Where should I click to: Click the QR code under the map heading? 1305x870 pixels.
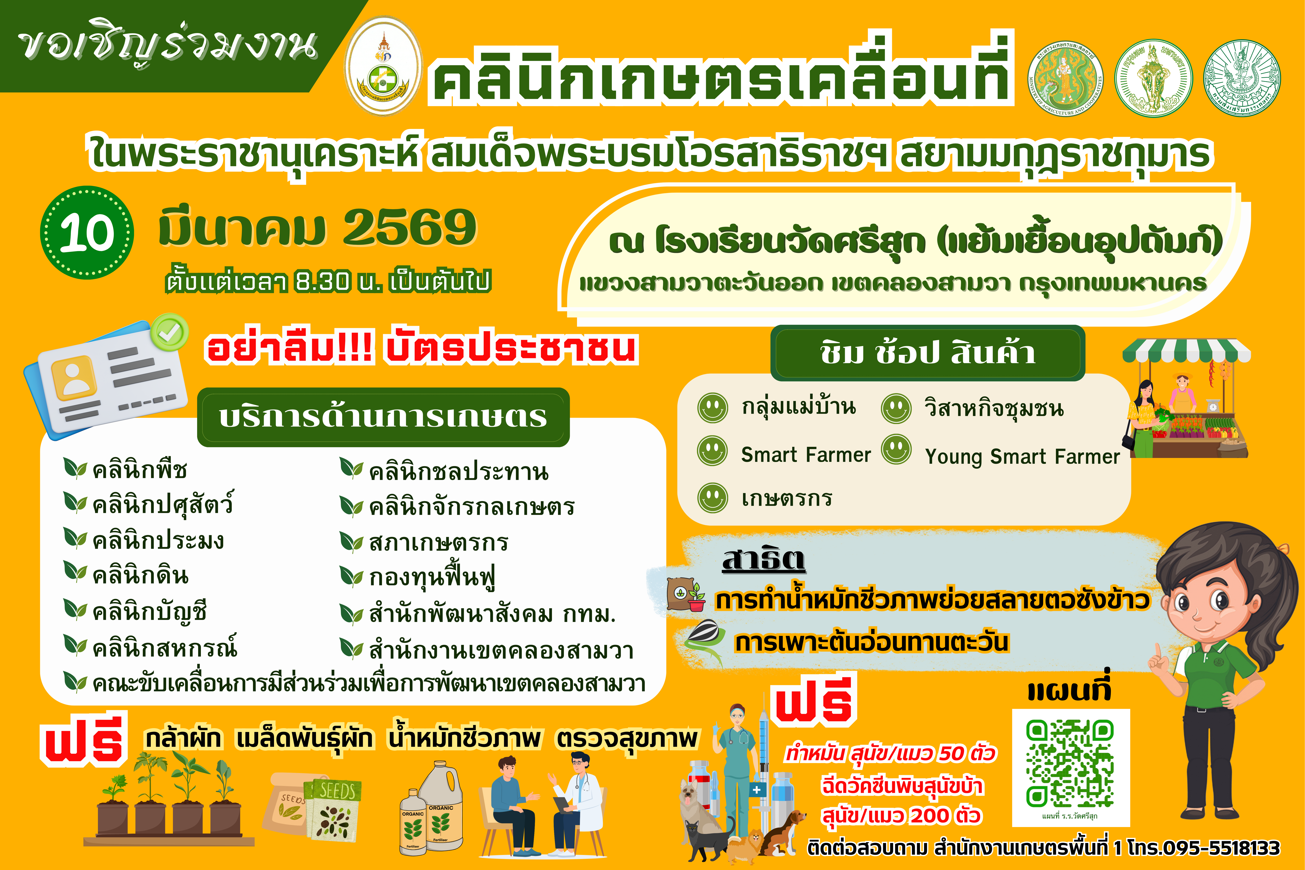pyautogui.click(x=1070, y=763)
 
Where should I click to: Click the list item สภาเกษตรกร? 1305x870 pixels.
pyautogui.click(x=438, y=542)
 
